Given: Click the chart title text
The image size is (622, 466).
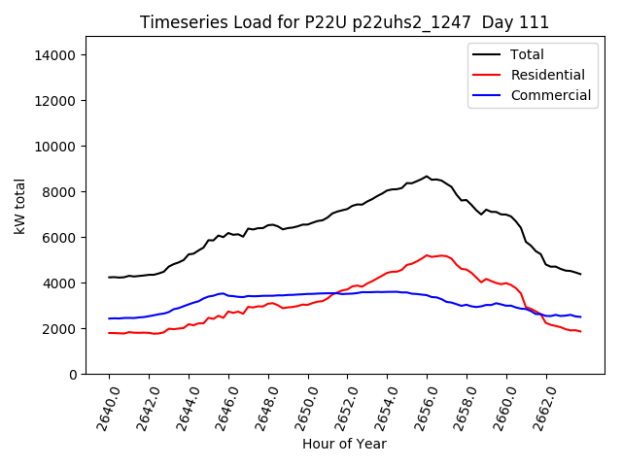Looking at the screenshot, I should [x=344, y=22].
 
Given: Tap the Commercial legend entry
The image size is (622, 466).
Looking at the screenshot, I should [x=550, y=95].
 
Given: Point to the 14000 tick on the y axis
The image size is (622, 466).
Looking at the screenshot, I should [x=56, y=55].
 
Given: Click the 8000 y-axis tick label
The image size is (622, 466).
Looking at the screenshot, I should [x=60, y=192].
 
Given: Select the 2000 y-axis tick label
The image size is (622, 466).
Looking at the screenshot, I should [x=60, y=329].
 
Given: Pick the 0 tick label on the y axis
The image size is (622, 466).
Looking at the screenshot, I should [x=73, y=375].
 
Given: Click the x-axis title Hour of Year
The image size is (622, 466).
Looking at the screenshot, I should [x=344, y=444].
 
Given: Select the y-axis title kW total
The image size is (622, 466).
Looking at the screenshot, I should [x=19, y=206].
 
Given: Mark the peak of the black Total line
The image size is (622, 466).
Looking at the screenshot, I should [x=427, y=177].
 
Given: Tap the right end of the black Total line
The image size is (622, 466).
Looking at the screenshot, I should [x=581, y=274].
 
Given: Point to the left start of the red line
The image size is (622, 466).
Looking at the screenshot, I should [x=109, y=333].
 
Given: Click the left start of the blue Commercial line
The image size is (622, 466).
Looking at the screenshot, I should [x=109, y=318].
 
